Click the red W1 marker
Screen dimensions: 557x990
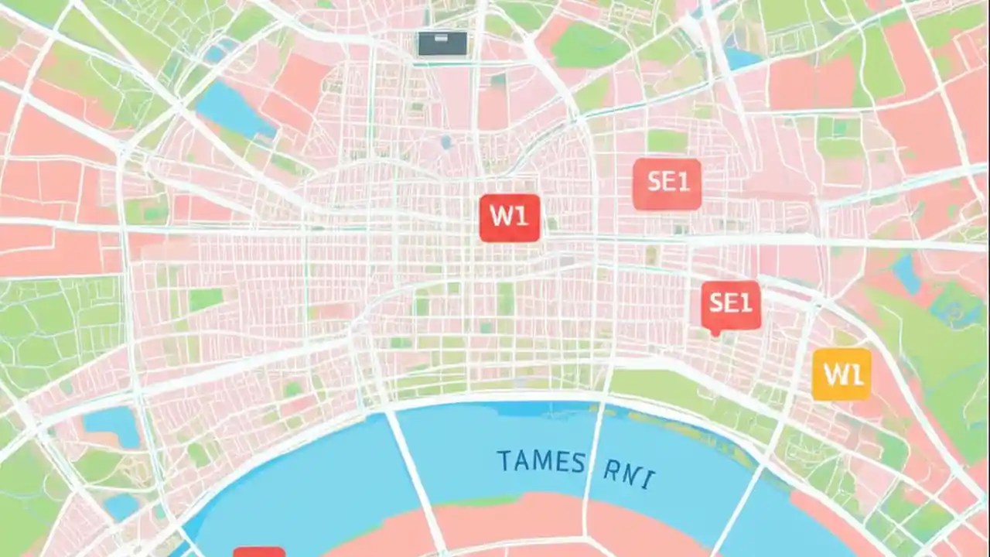click(x=509, y=217)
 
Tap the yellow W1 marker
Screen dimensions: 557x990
click(x=841, y=374)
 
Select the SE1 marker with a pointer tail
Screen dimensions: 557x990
click(x=731, y=304)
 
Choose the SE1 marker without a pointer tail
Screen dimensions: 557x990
click(x=667, y=183)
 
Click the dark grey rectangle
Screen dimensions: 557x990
click(x=442, y=43)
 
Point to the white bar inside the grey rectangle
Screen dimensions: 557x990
click(x=442, y=38)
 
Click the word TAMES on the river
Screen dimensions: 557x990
click(x=541, y=462)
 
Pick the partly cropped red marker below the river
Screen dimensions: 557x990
click(x=259, y=552)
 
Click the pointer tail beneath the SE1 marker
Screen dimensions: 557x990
click(x=715, y=333)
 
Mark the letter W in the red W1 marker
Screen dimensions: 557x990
click(x=500, y=217)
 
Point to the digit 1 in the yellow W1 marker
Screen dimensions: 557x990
click(x=855, y=374)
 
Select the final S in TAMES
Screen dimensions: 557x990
click(x=577, y=463)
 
